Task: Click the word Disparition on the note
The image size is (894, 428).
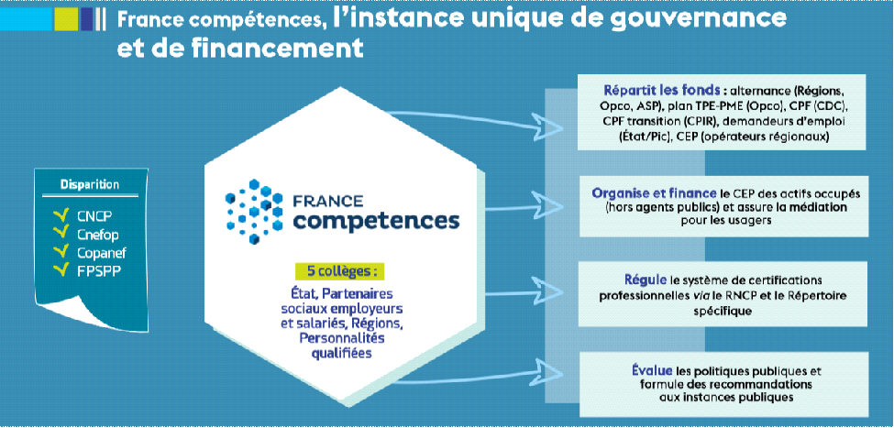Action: [x=90, y=184]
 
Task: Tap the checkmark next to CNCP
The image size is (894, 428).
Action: [x=61, y=216]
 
